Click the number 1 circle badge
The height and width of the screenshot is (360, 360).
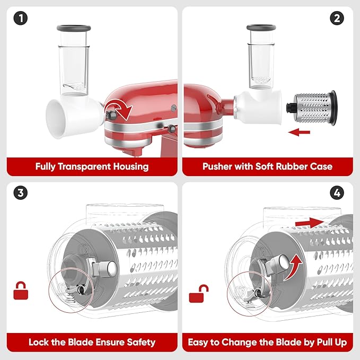pyautogui.click(x=21, y=18)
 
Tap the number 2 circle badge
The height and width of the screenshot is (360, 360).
pyautogui.click(x=337, y=18)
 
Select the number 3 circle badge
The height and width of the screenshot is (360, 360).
pyautogui.click(x=21, y=192)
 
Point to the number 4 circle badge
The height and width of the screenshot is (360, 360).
pyautogui.click(x=337, y=192)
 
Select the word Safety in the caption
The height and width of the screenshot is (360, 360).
pyautogui.click(x=141, y=343)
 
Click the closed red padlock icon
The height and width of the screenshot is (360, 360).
pyautogui.click(x=21, y=291)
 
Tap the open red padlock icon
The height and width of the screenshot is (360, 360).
pyautogui.click(x=199, y=294)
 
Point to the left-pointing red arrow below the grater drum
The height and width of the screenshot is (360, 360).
pyautogui.click(x=299, y=132)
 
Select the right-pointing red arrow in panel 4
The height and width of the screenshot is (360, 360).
pyautogui.click(x=310, y=223)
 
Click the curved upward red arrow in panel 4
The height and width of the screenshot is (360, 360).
pyautogui.click(x=294, y=267)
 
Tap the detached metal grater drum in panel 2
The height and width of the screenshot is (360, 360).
pyautogui.click(x=312, y=108)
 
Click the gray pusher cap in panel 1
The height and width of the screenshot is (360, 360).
pyautogui.click(x=74, y=28)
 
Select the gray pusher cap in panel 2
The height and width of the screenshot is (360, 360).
pyautogui.click(x=261, y=28)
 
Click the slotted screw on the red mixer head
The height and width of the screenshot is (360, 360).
pyautogui.click(x=174, y=108)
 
